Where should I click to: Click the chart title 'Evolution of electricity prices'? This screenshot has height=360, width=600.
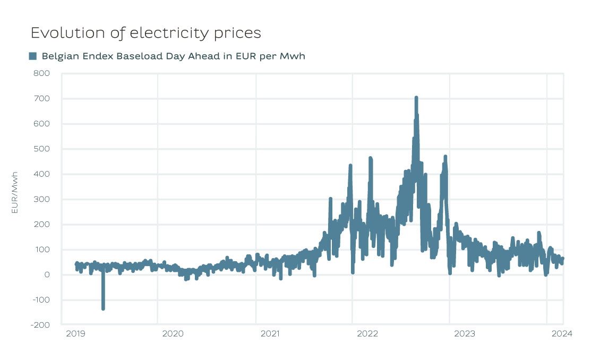click(146, 33)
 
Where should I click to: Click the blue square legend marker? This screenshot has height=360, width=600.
click(33, 56)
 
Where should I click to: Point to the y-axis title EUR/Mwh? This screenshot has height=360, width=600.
click(15, 192)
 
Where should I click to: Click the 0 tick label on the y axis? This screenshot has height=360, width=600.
click(47, 275)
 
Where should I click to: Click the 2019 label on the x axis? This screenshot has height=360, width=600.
click(75, 334)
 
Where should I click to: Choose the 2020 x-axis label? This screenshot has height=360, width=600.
click(172, 334)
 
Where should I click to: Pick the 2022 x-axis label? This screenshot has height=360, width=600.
click(367, 334)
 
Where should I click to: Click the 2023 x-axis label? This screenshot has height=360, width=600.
click(465, 334)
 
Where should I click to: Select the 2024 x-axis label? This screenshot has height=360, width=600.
click(561, 334)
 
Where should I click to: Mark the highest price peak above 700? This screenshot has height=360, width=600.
click(416, 98)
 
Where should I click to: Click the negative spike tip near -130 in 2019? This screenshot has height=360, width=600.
click(103, 308)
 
